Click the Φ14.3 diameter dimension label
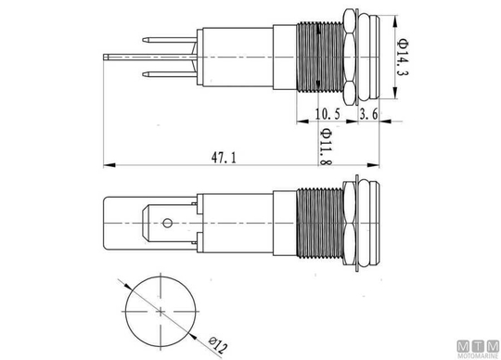[403, 58]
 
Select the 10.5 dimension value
[328, 114]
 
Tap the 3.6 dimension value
[368, 114]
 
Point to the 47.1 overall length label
[224, 158]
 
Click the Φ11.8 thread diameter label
[326, 147]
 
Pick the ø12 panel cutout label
[218, 344]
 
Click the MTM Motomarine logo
[478, 349]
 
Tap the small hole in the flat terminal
[167, 223]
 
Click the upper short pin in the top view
[170, 40]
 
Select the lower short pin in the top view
[170, 74]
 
